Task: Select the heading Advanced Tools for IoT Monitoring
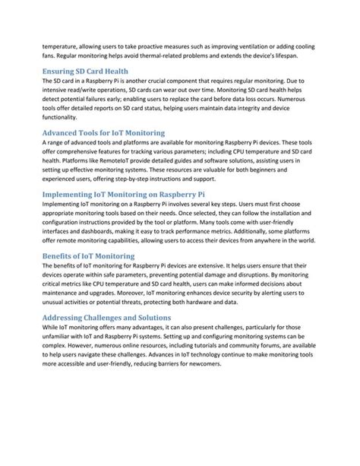tap(103, 132)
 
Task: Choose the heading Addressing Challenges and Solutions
tap(106, 317)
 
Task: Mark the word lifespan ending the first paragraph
tap(282, 55)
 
